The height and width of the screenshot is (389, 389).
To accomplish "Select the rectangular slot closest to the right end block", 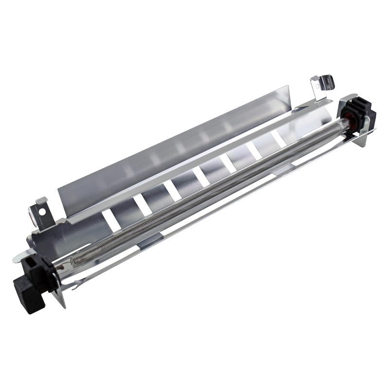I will click(278, 139).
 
